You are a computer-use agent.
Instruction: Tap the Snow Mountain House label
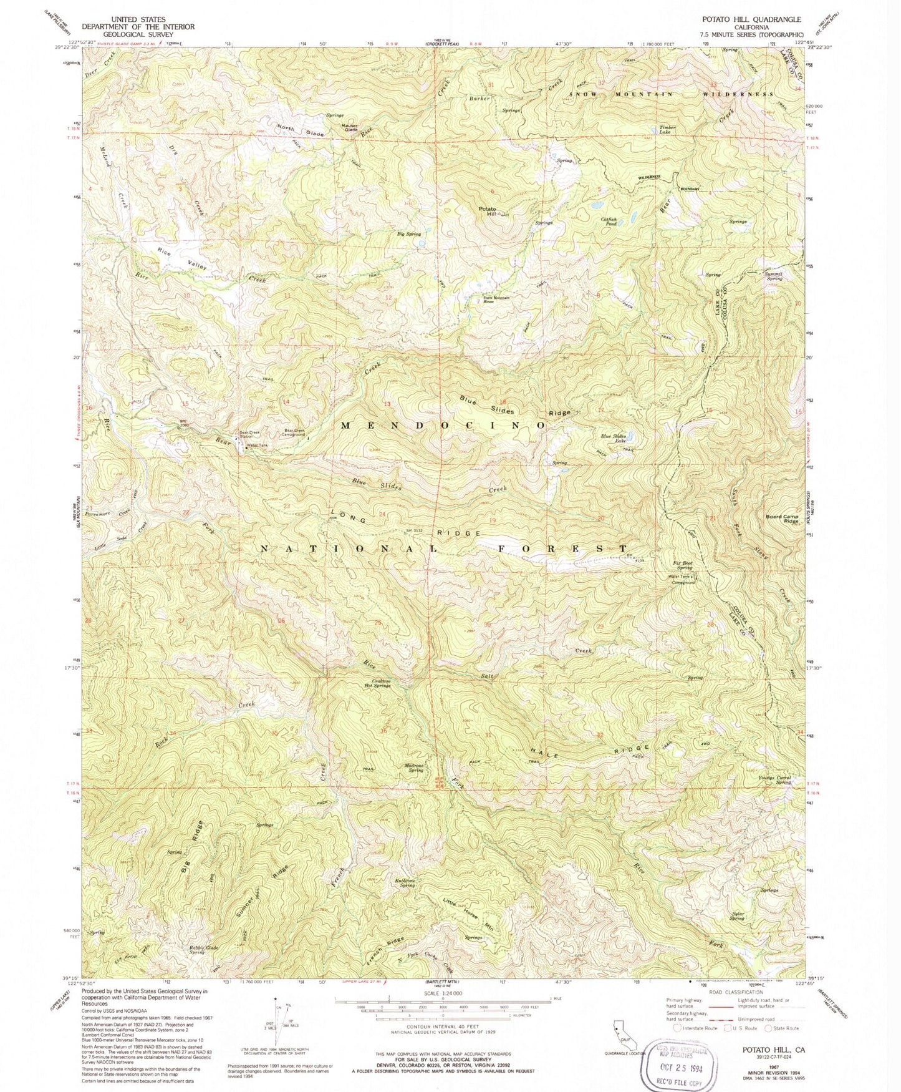click(x=497, y=299)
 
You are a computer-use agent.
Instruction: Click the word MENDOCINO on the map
click(x=443, y=424)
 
